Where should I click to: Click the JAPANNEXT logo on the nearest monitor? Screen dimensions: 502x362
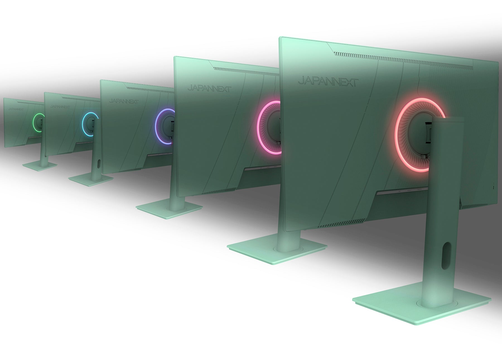click(x=328, y=82)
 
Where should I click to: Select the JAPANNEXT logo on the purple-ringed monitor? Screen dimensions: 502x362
click(x=124, y=101)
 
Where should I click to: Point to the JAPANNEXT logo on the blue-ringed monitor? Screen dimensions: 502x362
click(x=60, y=107)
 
